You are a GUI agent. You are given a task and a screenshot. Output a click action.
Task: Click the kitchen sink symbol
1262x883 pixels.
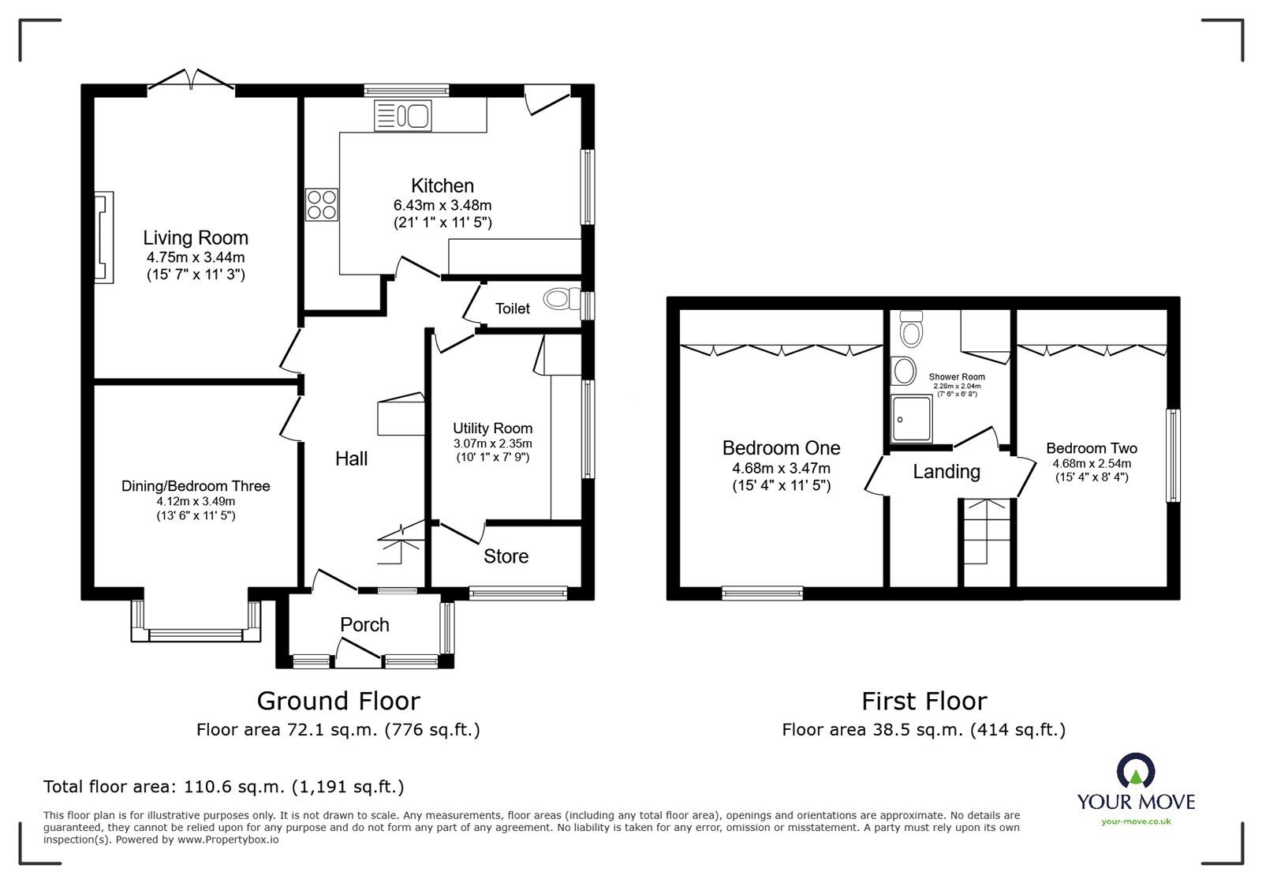[x=402, y=116]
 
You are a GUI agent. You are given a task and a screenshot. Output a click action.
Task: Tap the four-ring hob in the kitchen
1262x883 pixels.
[x=320, y=204]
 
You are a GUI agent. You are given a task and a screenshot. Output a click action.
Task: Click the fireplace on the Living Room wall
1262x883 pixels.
[x=103, y=236]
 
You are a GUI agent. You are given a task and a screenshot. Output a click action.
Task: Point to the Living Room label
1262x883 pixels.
[x=196, y=238]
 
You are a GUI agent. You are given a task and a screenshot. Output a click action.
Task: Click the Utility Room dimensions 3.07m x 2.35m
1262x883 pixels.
[x=492, y=443]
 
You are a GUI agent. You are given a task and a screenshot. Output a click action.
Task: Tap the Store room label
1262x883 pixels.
[x=506, y=556]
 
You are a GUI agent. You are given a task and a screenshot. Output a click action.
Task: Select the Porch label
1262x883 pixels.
[x=364, y=625]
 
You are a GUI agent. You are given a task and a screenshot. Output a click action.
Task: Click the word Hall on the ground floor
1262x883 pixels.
[x=351, y=459]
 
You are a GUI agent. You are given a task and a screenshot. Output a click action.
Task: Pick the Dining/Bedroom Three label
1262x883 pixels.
[x=196, y=486]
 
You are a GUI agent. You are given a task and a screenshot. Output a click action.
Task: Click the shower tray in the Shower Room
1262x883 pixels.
[x=911, y=419]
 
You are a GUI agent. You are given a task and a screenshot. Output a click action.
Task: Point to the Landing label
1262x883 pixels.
[x=946, y=472]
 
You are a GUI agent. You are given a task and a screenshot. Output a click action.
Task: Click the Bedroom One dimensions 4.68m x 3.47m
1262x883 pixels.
[x=781, y=468]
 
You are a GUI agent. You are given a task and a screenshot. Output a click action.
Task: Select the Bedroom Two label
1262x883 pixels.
[x=1092, y=448]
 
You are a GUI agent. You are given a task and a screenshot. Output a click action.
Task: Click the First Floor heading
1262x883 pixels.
[x=924, y=701]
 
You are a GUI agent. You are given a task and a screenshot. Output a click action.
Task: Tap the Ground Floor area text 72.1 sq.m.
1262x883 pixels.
[x=338, y=730]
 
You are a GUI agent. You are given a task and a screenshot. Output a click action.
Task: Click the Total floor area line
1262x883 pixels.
[x=224, y=787]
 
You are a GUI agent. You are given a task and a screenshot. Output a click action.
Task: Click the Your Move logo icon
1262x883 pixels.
[x=1137, y=771]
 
